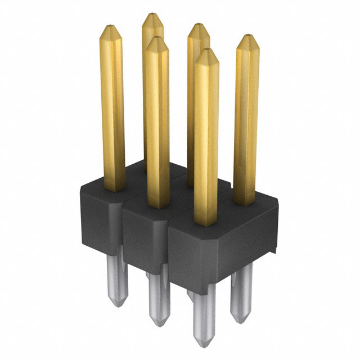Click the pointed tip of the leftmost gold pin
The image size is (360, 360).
coord(110,25)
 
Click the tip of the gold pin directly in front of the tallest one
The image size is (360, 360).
coord(156,38)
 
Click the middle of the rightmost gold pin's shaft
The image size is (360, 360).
coord(246,121)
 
